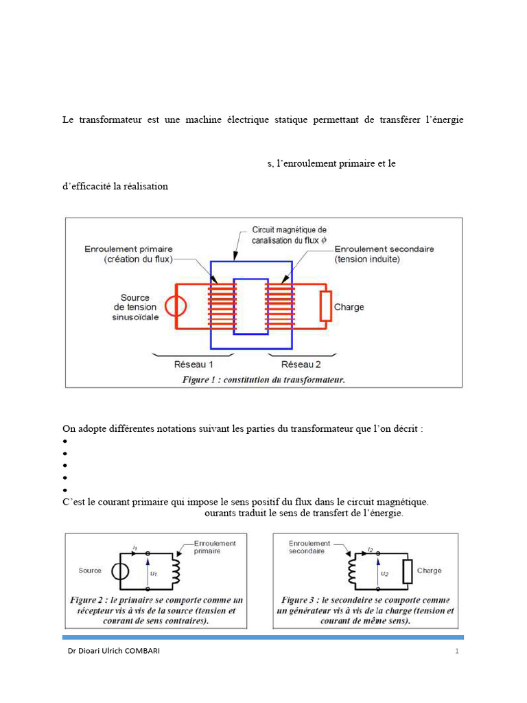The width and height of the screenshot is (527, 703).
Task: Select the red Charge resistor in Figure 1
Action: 325,306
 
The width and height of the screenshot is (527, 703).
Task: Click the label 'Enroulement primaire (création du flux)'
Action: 129,254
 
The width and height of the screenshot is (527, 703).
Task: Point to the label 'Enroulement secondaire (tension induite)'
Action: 384,254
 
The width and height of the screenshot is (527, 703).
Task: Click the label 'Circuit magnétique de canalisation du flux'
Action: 289,234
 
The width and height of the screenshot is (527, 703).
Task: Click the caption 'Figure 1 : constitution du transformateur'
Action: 263,379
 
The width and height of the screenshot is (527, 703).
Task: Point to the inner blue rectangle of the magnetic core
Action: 250,306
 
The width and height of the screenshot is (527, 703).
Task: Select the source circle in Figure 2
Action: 120,571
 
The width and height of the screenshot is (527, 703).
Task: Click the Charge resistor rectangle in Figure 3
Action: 407,571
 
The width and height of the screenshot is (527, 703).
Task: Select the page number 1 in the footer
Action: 456,651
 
